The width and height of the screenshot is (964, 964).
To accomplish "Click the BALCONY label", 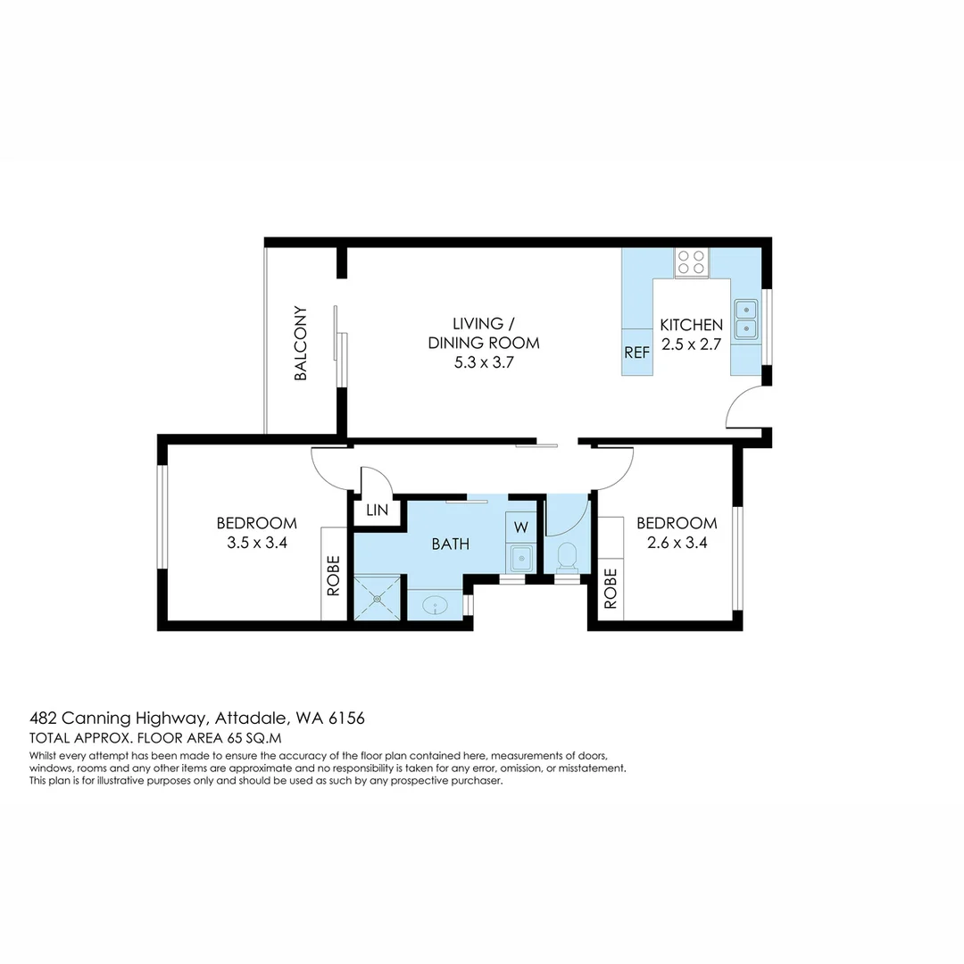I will (x=301, y=344).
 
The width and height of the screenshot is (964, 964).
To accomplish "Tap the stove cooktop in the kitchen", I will (x=691, y=262).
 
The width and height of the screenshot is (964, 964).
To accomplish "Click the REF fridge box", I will (x=637, y=353).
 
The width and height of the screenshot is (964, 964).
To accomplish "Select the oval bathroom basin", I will (x=436, y=605).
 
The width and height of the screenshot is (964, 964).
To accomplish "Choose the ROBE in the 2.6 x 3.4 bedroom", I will (x=611, y=589).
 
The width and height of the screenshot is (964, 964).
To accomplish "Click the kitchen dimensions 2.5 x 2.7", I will (x=690, y=344).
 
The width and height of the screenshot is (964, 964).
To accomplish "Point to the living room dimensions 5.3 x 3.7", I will (x=484, y=362).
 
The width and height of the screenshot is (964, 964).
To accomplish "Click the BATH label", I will (x=451, y=544).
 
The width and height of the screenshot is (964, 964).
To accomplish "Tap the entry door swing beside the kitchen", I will (x=743, y=409).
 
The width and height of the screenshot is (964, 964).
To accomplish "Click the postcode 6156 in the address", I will (x=344, y=718).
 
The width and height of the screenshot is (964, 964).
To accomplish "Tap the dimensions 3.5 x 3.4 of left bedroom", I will (x=257, y=541).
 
